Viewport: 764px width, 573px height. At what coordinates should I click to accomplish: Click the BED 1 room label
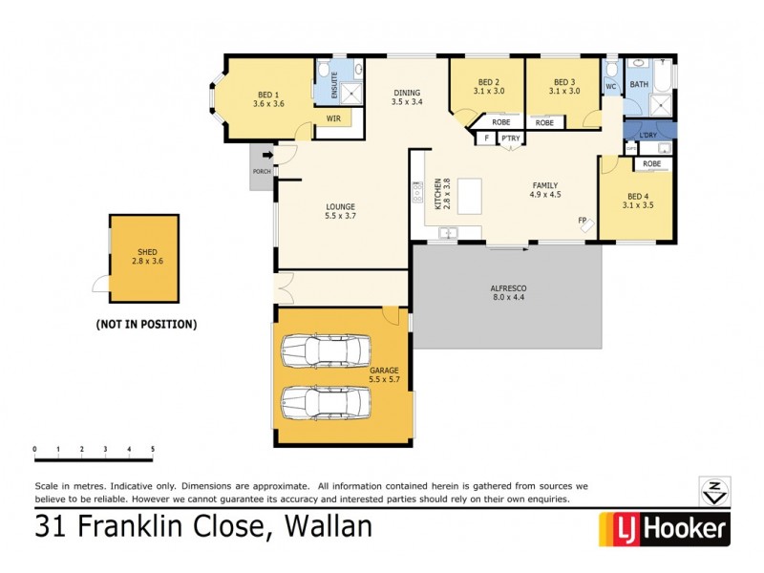click(x=268, y=99)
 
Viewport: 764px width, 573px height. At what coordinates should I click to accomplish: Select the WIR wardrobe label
click(x=333, y=119)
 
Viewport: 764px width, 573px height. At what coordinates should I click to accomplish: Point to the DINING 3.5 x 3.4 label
click(x=407, y=96)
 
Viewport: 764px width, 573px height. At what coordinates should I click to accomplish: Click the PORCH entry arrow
click(x=267, y=155)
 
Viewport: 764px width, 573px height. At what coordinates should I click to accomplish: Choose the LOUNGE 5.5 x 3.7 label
click(x=339, y=211)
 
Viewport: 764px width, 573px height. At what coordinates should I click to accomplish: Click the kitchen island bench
click(x=470, y=196)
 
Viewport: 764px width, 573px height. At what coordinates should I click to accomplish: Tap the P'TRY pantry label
click(x=510, y=138)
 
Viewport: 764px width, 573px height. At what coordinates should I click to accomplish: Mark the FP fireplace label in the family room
click(x=582, y=221)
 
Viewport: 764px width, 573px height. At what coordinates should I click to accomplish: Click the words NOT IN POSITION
click(x=146, y=325)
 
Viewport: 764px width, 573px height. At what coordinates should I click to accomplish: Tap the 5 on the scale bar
click(x=152, y=449)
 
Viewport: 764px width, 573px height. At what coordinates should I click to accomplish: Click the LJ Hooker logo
click(x=664, y=528)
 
